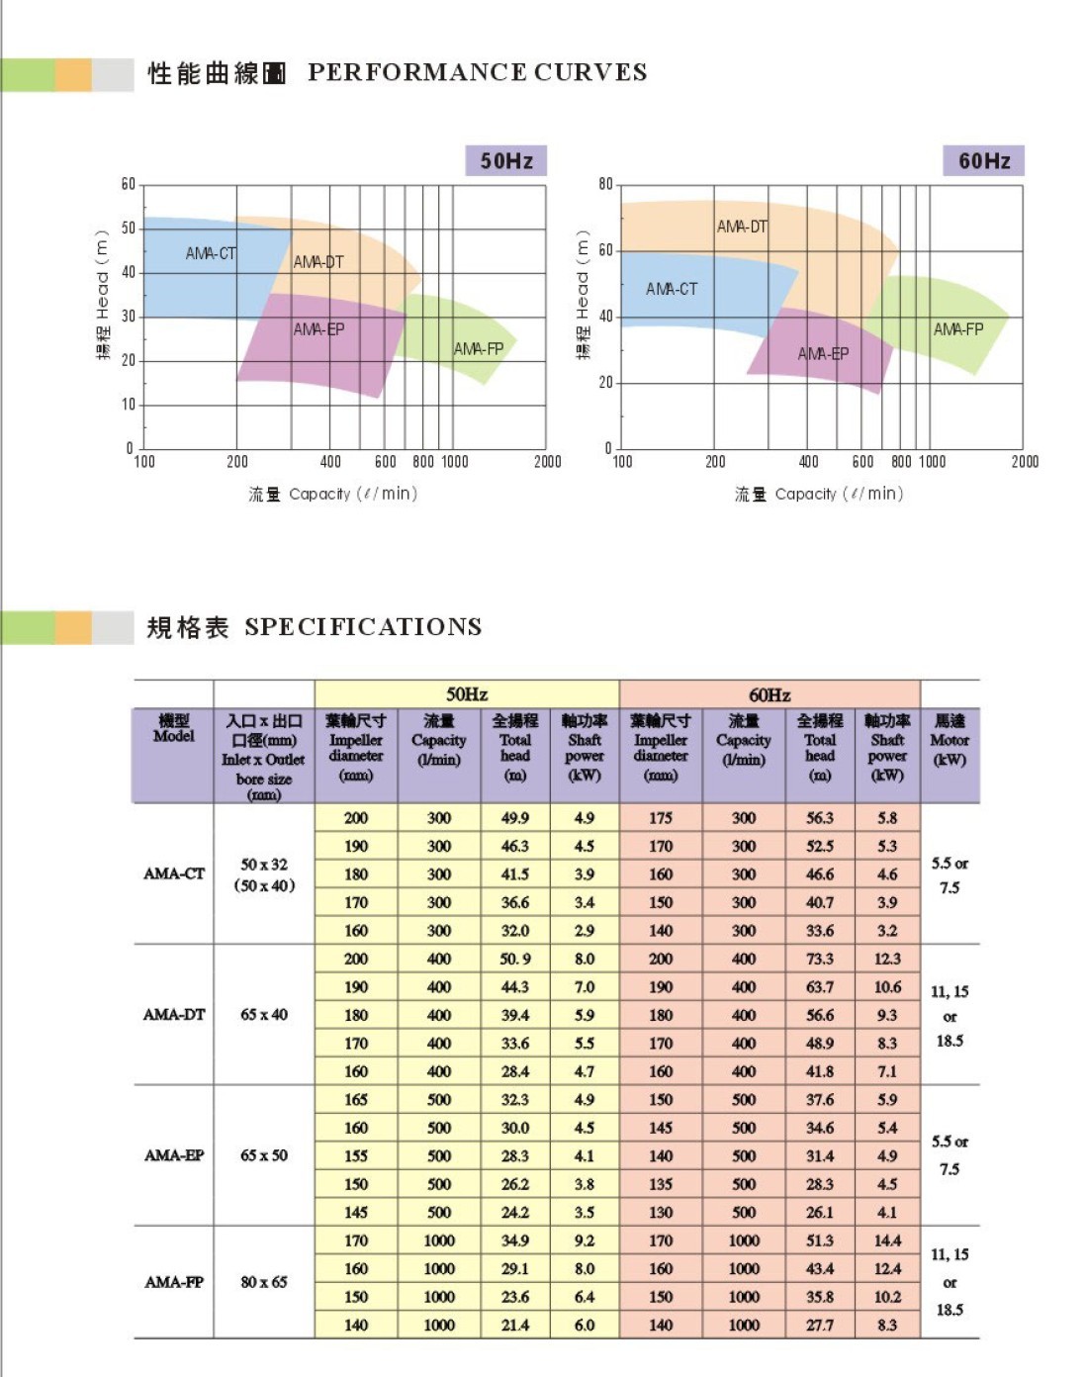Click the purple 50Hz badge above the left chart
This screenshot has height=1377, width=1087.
tap(505, 160)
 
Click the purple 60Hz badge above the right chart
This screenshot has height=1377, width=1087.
tap(983, 160)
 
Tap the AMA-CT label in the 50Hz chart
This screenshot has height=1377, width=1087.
tap(211, 253)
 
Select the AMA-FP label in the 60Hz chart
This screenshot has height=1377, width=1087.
tap(957, 328)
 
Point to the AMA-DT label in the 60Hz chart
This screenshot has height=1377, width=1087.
tap(742, 227)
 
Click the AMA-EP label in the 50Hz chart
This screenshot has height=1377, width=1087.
tap(318, 329)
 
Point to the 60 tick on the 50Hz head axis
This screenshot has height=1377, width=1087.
tap(129, 185)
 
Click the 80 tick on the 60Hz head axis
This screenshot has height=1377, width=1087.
tap(605, 185)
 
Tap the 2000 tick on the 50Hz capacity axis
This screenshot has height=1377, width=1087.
tap(547, 461)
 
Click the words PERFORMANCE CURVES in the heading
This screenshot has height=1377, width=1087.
tap(477, 72)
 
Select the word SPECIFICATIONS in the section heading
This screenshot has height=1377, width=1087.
tap(363, 626)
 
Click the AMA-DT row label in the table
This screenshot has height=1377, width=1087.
tap(174, 1014)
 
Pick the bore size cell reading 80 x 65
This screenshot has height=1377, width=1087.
tap(264, 1282)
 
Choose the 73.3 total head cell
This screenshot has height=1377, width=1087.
tap(819, 959)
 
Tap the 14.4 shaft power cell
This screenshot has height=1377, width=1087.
tap(887, 1240)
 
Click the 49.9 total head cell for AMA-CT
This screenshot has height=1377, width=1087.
tap(514, 818)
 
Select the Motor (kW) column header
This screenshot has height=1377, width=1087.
tap(950, 740)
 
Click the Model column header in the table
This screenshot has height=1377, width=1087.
tap(173, 729)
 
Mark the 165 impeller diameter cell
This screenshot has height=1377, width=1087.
tap(356, 1099)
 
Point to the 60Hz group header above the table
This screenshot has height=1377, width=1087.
tap(770, 694)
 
